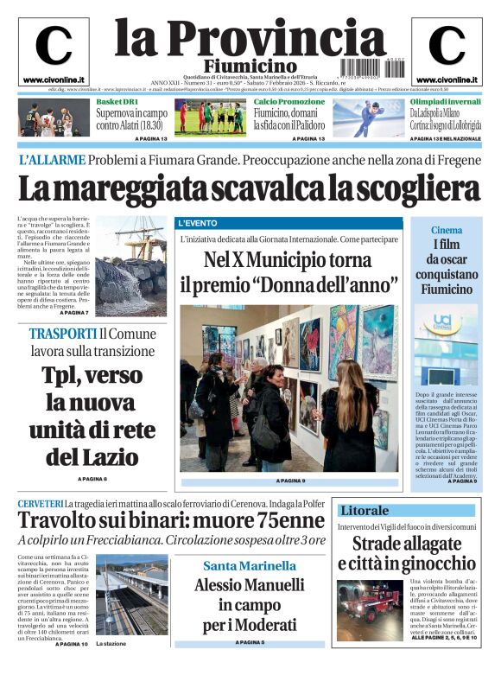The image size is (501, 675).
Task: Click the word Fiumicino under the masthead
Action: pyautogui.click(x=250, y=66)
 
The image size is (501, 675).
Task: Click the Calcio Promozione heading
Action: pyautogui.click(x=289, y=102)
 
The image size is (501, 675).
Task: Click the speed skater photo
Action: pyautogui.click(x=368, y=118)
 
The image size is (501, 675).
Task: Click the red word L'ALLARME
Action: pyautogui.click(x=53, y=160)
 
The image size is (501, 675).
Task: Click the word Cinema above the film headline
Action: pyautogui.click(x=447, y=230)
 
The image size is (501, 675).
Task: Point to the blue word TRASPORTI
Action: pyautogui.click(x=62, y=334)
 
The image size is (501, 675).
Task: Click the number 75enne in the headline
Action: pyautogui.click(x=280, y=521)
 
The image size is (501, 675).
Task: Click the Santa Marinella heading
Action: pyautogui.click(x=249, y=566)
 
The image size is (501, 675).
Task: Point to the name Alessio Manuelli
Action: pyautogui.click(x=249, y=585)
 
